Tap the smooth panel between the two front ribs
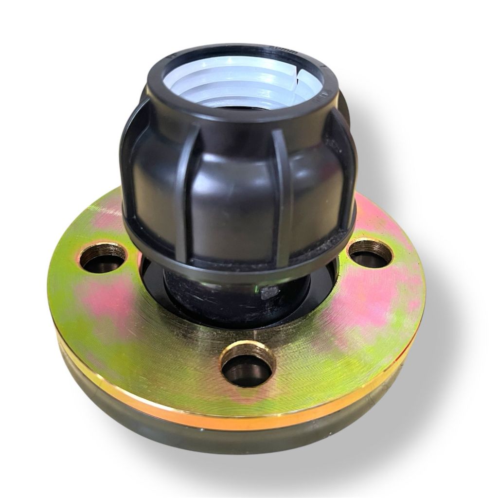(x=233, y=195)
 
